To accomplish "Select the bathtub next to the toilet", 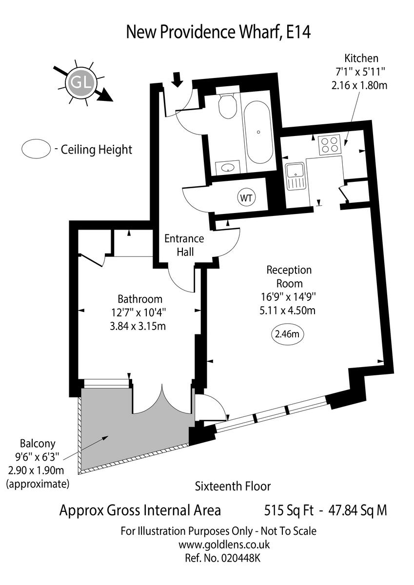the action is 258,132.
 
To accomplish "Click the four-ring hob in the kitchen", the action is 329,145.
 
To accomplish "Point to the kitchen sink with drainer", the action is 295,176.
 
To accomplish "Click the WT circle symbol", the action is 246,198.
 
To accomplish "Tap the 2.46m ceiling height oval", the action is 287,334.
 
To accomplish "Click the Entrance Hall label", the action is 184,245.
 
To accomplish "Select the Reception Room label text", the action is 289,276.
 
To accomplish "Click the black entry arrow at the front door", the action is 178,79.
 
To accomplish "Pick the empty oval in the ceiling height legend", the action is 36,149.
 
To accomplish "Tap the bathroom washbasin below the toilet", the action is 228,167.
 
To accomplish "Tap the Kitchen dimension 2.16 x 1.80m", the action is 359,85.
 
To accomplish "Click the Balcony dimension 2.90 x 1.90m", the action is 36,470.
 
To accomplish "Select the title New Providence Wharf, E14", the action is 218,32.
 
